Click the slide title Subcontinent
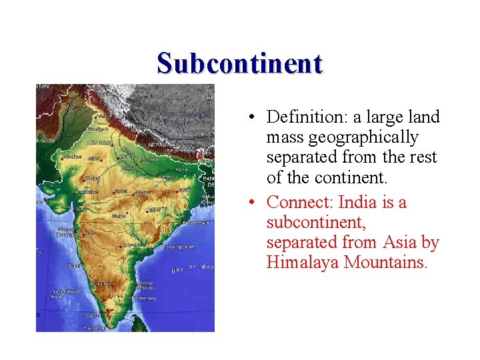pyautogui.click(x=240, y=63)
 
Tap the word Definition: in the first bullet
pyautogui.click(x=304, y=117)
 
